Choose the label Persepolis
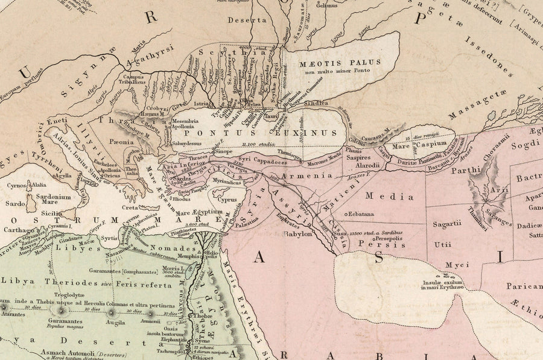coord(383,239)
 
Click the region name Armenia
coord(311,175)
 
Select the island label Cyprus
coord(227,200)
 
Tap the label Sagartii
coord(446,224)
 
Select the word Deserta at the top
coord(246,20)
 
